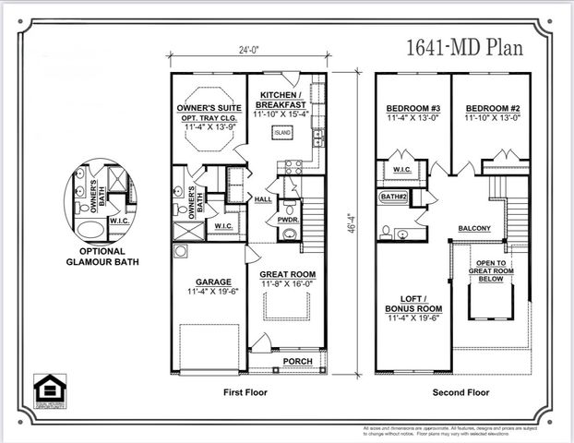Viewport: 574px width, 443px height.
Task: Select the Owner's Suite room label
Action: point(209,108)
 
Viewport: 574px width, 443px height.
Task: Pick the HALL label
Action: point(262,198)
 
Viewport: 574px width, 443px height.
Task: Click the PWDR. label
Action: point(288,221)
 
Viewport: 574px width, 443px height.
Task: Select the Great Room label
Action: point(287,275)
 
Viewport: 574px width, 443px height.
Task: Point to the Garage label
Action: point(212,282)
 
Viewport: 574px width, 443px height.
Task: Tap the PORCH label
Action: point(296,361)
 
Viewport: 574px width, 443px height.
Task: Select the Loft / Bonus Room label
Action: point(413,308)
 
